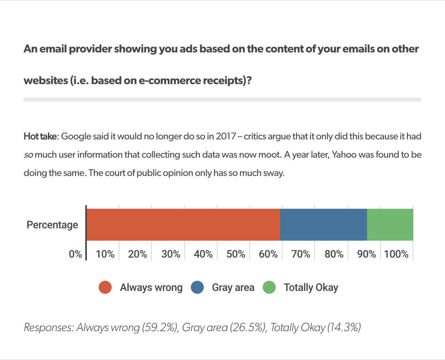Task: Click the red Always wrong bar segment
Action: click(x=183, y=225)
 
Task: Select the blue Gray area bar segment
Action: click(x=324, y=225)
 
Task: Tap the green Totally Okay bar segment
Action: click(x=390, y=225)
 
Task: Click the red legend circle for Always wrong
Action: click(x=105, y=288)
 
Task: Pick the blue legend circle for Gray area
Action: click(x=197, y=288)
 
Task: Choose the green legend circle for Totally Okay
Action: click(x=269, y=288)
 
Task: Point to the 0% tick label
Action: click(x=75, y=254)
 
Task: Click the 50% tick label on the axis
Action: click(x=236, y=254)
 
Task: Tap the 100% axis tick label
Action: click(x=396, y=254)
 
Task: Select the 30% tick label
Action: click(x=171, y=254)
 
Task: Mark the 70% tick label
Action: click(x=301, y=254)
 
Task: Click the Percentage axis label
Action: click(x=52, y=225)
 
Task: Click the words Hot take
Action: click(x=40, y=136)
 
